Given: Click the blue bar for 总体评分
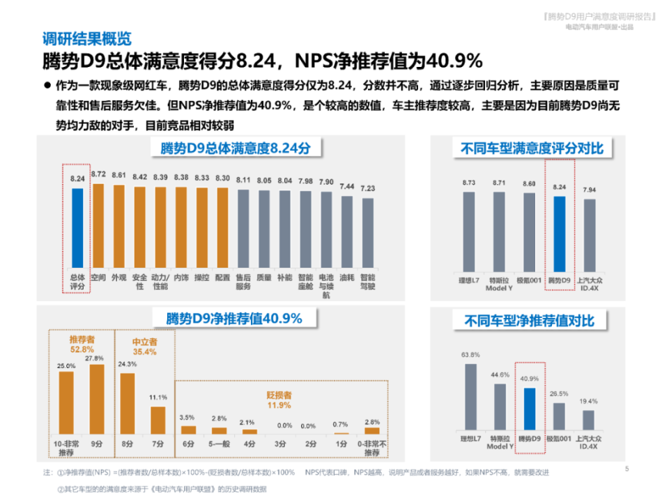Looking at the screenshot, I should pyautogui.click(x=77, y=228).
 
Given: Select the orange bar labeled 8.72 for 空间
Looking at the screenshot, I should pyautogui.click(x=98, y=226).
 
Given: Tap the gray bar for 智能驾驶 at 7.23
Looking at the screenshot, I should pyautogui.click(x=367, y=234).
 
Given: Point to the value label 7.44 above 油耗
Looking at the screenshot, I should pyautogui.click(x=346, y=186).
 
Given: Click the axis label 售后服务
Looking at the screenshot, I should pyautogui.click(x=243, y=282).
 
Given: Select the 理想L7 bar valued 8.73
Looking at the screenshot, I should pyautogui.click(x=469, y=231).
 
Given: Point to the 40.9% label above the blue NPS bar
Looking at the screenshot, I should pyautogui.click(x=529, y=379).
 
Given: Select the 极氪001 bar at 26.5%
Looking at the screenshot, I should pyautogui.click(x=559, y=416).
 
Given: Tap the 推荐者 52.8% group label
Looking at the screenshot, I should pyautogui.click(x=82, y=344).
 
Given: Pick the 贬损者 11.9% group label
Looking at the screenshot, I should pyautogui.click(x=279, y=399).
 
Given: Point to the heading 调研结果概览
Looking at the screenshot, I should pyautogui.click(x=87, y=39).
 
